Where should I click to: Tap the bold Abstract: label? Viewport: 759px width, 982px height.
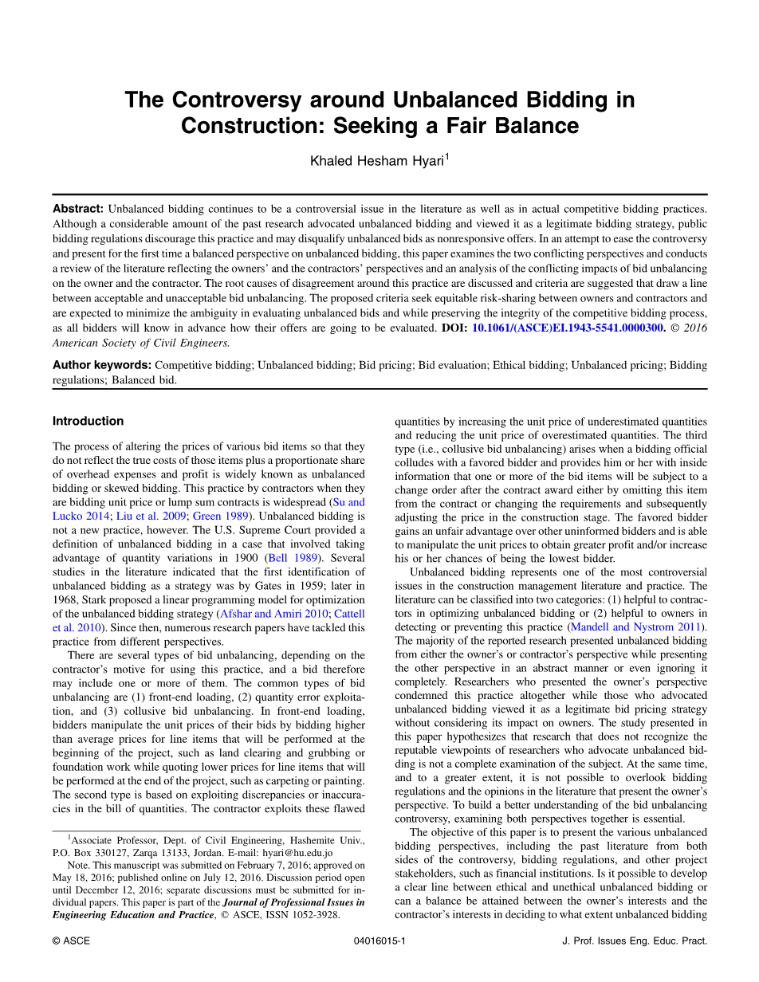click(78, 209)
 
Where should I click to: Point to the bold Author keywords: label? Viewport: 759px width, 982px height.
click(102, 365)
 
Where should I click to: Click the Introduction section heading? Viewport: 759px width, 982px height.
click(88, 421)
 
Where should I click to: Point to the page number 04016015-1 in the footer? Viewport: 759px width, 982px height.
click(379, 941)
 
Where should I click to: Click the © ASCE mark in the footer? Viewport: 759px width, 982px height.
click(71, 941)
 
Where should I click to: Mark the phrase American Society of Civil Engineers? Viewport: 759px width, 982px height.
click(140, 342)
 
